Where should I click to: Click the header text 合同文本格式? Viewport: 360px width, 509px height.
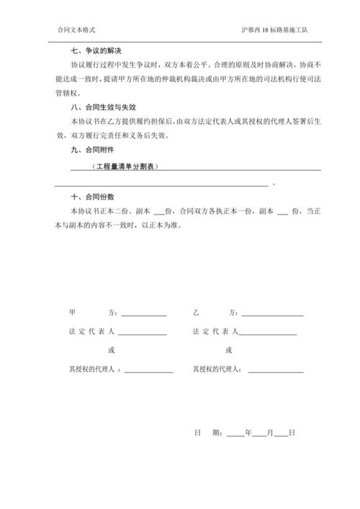(76, 30)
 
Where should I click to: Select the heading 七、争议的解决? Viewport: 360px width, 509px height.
(95, 50)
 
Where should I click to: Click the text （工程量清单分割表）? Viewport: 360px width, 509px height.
(125, 166)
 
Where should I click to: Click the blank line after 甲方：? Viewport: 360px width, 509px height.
(143, 315)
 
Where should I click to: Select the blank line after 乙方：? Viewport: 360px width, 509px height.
(271, 315)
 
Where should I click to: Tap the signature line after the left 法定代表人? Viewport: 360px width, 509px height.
(143, 333)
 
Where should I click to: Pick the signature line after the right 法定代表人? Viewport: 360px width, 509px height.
(267, 333)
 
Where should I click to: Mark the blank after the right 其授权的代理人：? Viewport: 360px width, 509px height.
(275, 370)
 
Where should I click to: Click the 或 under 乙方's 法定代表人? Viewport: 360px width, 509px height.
(228, 351)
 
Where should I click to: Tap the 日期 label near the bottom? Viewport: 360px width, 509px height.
(206, 433)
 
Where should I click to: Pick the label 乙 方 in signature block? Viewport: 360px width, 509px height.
(214, 314)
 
